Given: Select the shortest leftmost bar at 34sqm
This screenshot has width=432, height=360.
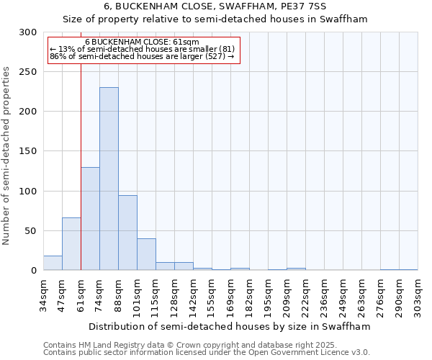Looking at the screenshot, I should coord(53,264).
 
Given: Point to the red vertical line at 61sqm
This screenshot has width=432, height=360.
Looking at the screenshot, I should coord(81,158).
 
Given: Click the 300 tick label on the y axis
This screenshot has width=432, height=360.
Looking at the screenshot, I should coord(28,32).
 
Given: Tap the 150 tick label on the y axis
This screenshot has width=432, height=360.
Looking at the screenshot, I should coord(28,152).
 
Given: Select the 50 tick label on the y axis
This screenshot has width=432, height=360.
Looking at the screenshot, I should coord(31,231).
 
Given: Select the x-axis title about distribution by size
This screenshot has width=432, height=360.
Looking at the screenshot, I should coord(230,326).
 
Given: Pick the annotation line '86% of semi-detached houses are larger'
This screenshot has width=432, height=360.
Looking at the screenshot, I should coord(142,56).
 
